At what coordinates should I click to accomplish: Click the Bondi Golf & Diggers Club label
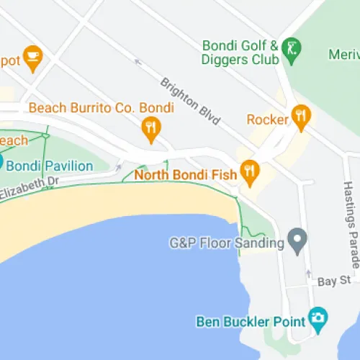(x=240, y=51)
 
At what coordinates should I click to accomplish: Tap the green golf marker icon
(x=291, y=49)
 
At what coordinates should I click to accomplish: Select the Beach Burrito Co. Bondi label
(x=102, y=108)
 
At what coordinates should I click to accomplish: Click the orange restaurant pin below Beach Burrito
(x=150, y=130)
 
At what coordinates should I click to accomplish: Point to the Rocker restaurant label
(x=267, y=119)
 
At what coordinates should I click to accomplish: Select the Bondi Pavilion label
(x=50, y=166)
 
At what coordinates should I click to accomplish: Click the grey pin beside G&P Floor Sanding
(x=296, y=239)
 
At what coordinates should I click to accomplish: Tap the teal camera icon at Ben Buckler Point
(x=317, y=317)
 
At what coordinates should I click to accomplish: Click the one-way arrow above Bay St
(x=308, y=274)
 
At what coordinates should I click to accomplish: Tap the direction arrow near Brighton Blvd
(x=138, y=62)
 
